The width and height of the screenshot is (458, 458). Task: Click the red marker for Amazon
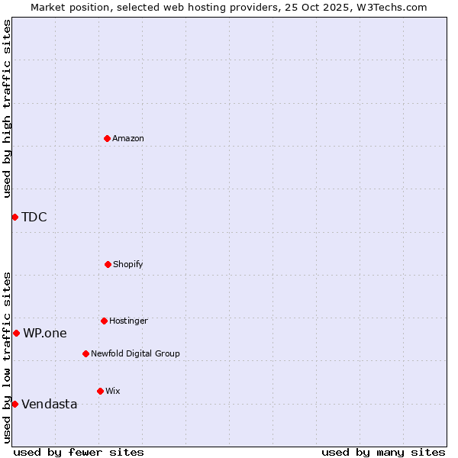107,138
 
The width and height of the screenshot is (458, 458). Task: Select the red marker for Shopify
108,264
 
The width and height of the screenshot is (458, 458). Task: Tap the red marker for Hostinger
104,321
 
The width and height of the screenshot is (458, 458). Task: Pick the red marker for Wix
100,391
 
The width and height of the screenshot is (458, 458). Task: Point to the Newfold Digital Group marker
85,353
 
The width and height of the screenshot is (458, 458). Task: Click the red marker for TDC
15,217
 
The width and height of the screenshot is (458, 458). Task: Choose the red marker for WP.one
16,333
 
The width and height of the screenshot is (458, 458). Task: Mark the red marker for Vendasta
15,404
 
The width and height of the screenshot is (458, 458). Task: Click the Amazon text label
128,138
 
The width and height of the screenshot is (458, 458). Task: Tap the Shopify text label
128,264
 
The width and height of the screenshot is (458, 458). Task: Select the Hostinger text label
128,321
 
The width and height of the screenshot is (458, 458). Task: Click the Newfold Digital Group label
135,353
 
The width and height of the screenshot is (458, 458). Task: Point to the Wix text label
113,391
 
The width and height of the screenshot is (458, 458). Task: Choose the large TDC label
34,217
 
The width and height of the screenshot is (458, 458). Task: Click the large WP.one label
45,333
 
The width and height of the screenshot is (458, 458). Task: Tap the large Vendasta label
50,404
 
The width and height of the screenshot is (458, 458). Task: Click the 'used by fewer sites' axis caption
79,452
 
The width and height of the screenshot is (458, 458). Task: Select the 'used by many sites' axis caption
383,452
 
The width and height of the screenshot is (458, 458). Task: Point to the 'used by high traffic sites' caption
7,108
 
